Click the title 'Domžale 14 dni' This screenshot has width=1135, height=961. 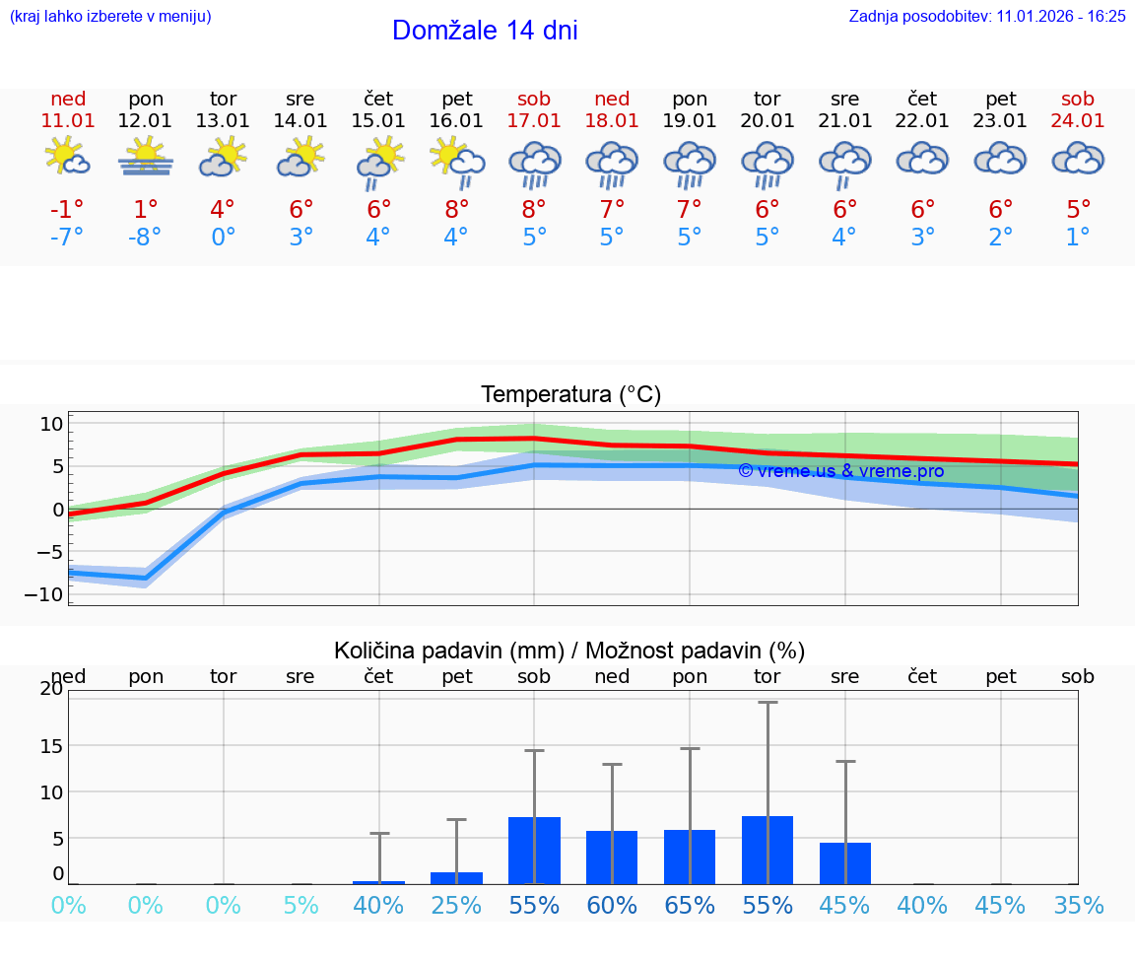click(485, 31)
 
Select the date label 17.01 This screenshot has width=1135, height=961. click(534, 120)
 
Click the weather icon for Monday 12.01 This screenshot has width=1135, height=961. click(146, 158)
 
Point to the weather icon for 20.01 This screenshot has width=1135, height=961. click(768, 164)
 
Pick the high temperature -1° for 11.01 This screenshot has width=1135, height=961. click(68, 209)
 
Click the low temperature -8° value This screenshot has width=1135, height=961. click(146, 238)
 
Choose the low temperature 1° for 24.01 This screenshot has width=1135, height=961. click(1078, 238)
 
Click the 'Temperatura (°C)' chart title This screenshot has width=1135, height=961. click(570, 395)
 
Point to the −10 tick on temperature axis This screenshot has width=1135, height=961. click(50, 594)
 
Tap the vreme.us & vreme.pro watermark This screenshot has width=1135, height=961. click(840, 471)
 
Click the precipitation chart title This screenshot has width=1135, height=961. click(569, 651)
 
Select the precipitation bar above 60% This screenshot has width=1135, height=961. click(612, 857)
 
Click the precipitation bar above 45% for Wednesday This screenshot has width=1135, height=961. click(845, 862)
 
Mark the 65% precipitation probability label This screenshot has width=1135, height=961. click(690, 905)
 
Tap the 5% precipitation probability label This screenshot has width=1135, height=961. click(300, 905)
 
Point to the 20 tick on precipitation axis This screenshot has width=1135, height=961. click(51, 689)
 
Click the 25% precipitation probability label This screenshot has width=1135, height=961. click(456, 905)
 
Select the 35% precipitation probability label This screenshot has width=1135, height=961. click(1078, 905)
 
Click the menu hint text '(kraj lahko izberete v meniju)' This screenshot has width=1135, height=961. click(109, 16)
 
